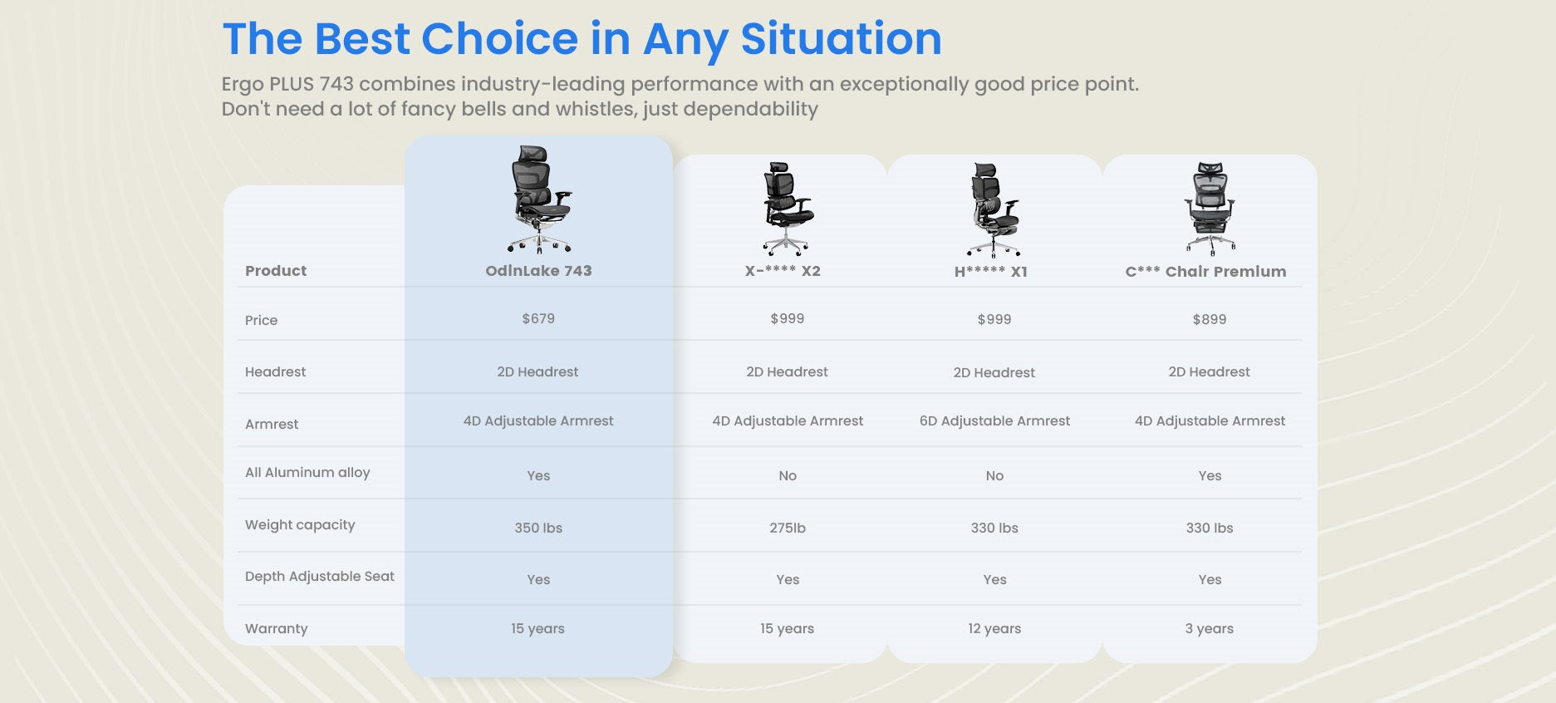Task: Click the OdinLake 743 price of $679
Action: coord(538,318)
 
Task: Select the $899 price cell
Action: coord(1210,319)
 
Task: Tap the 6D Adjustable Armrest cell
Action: coord(994,421)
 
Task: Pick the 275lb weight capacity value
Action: coord(788,528)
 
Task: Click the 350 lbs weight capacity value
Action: coord(538,528)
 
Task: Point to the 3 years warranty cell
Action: coord(1210,629)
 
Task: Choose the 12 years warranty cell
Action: coord(994,629)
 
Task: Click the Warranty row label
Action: coord(276,629)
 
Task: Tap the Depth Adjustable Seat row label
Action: coord(320,577)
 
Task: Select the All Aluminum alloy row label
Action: coord(307,473)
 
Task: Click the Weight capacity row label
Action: coord(300,525)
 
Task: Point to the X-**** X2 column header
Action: coord(783,271)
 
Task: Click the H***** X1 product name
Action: coord(991,272)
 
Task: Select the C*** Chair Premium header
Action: coord(1206,272)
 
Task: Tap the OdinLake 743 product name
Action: coord(538,271)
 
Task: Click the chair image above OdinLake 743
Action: coord(540,199)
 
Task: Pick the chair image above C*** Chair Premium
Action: coord(1210,209)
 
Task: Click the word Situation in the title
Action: coord(841,39)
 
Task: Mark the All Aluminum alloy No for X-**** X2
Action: coord(788,476)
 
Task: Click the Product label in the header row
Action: coord(276,271)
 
